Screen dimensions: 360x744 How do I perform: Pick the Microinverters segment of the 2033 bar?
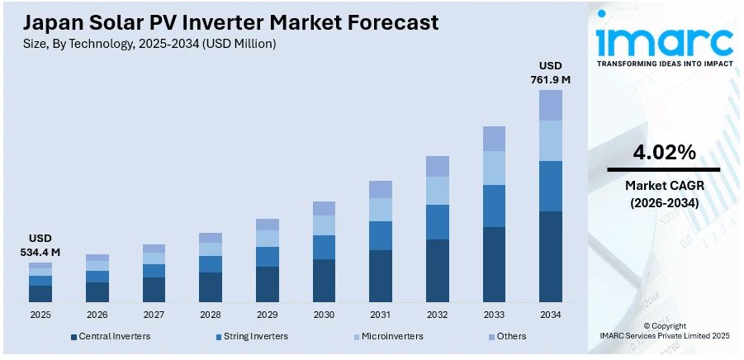(x=494, y=168)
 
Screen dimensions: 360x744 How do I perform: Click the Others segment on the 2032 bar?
(x=437, y=166)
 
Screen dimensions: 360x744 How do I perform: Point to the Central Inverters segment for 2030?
(x=324, y=280)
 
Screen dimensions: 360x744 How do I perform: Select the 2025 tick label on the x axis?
(x=40, y=315)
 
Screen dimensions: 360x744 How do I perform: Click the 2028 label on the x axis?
(x=211, y=315)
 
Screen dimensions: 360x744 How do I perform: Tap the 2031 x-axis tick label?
(x=381, y=315)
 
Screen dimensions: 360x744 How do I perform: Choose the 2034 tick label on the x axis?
(x=551, y=315)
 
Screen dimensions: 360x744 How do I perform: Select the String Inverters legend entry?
(x=251, y=336)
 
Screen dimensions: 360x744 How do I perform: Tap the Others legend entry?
(x=507, y=336)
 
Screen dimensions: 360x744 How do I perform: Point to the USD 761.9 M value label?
(x=551, y=73)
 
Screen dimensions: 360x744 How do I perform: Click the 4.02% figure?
(x=664, y=152)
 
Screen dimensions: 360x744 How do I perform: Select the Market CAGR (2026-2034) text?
(x=664, y=193)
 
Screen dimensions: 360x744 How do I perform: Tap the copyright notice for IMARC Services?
(x=664, y=330)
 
